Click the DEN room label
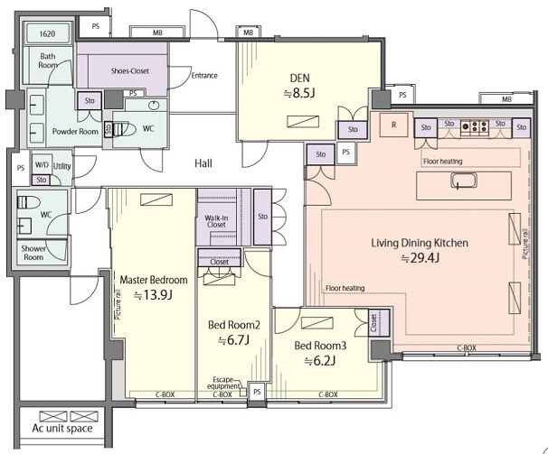(x=300, y=78)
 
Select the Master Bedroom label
(x=154, y=280)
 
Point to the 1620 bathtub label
(x=47, y=34)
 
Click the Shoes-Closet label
(x=130, y=70)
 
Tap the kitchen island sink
(x=463, y=181)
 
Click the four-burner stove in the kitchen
(x=475, y=126)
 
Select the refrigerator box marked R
(x=394, y=125)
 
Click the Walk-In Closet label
(x=216, y=221)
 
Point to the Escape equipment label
(x=223, y=383)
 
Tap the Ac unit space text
(x=62, y=429)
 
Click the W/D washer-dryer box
(x=42, y=164)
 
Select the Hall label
(x=203, y=163)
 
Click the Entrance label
(x=204, y=76)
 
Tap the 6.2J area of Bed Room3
(x=320, y=361)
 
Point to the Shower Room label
(x=33, y=253)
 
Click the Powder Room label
(x=75, y=132)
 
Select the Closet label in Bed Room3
(x=373, y=323)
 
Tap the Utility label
(x=61, y=166)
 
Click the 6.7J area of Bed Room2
(x=234, y=340)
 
